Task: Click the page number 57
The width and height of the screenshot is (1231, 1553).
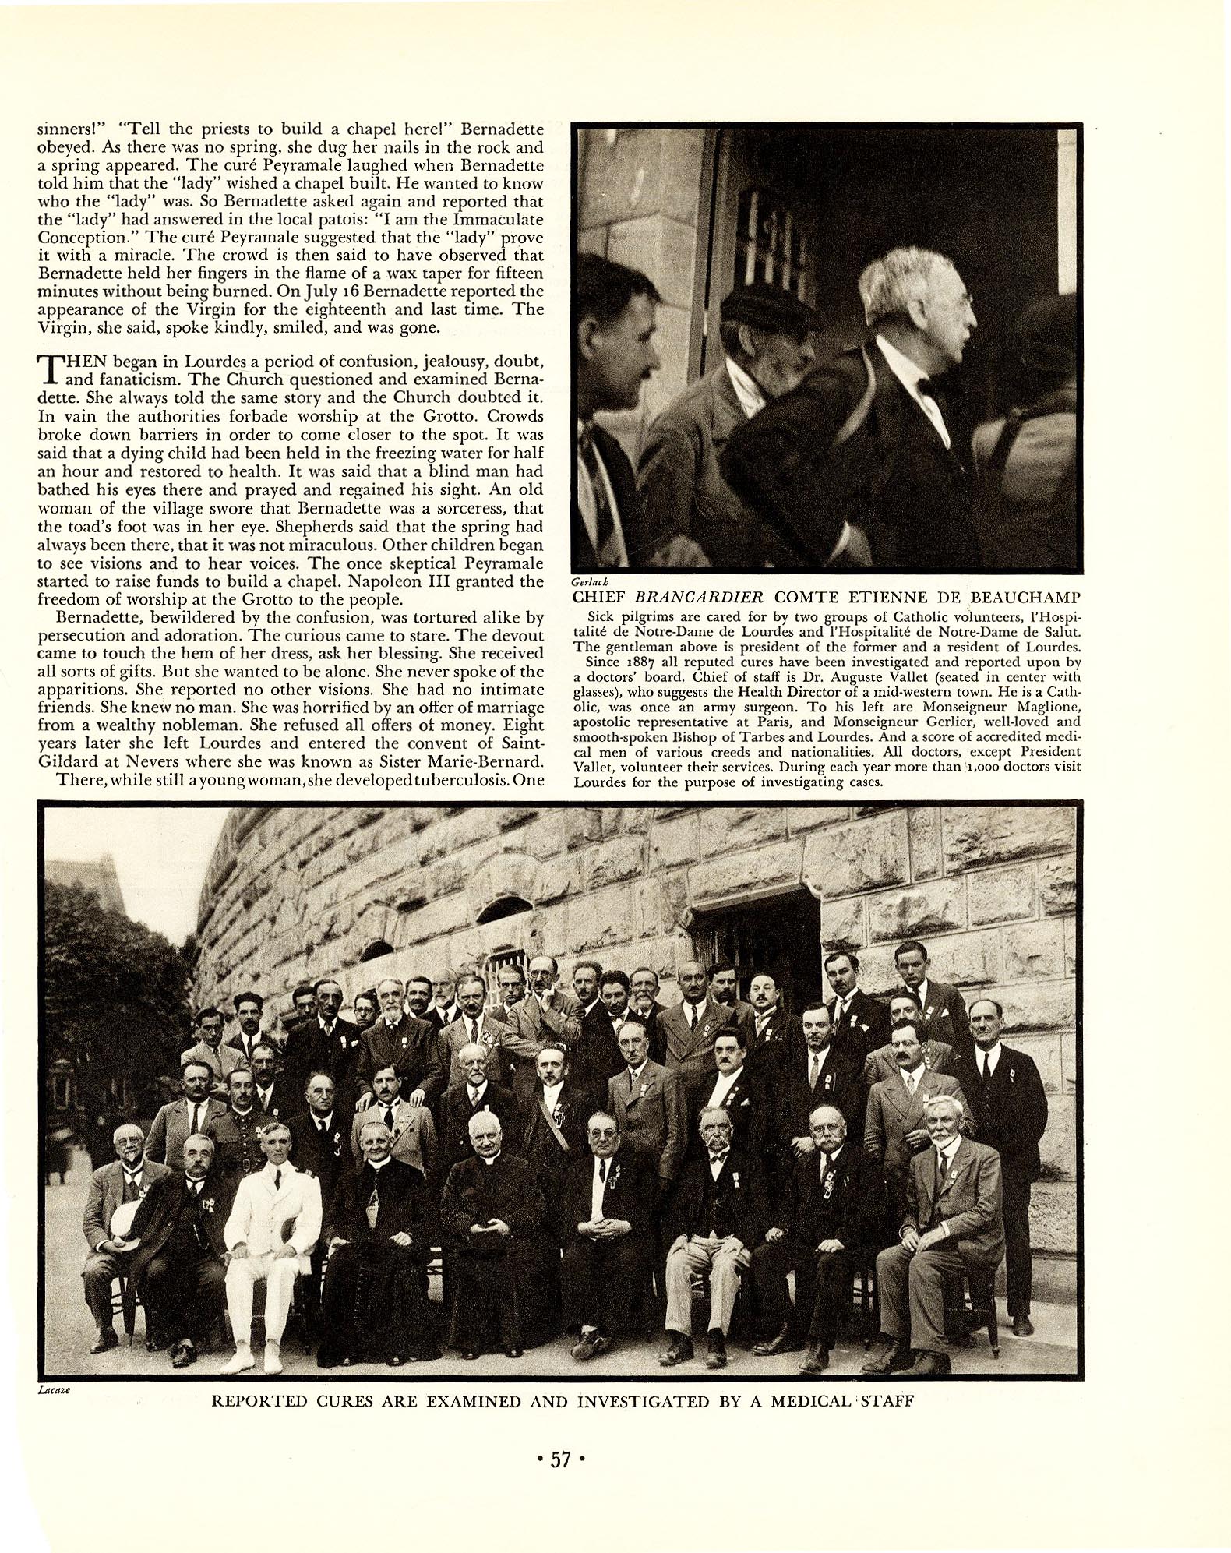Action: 561,1459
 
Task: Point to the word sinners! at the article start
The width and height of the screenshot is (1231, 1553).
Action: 70,129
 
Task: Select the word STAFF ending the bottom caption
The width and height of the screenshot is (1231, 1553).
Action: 884,1401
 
